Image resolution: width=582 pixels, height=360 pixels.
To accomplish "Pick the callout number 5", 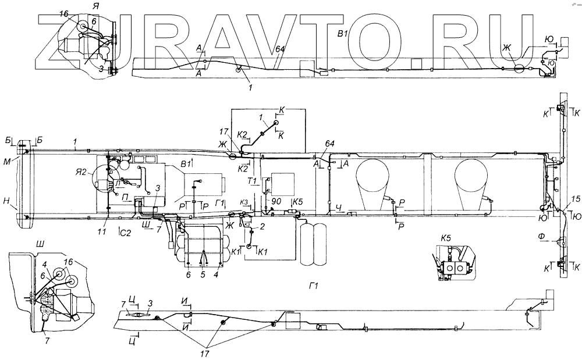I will point(203,273).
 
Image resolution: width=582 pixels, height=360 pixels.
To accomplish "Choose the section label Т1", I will point(252,181).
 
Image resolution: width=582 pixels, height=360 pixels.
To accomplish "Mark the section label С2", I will point(125,232).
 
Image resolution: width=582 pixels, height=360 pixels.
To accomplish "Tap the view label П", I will point(126,197).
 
